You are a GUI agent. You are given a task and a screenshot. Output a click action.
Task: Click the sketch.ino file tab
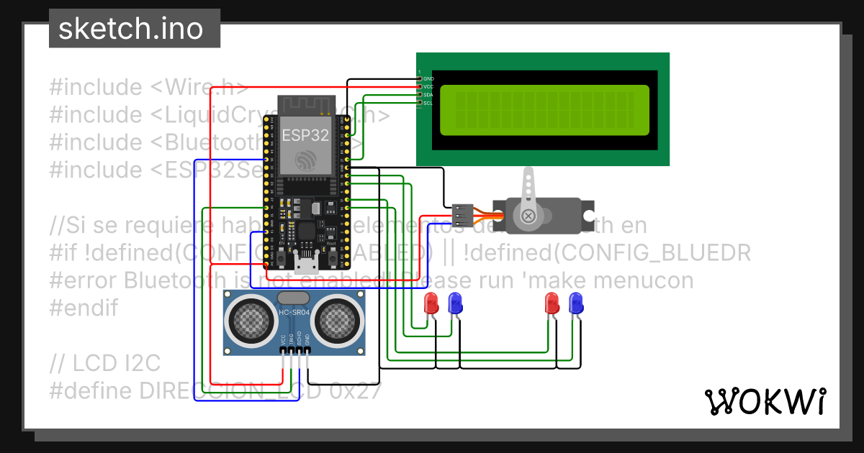tap(130, 29)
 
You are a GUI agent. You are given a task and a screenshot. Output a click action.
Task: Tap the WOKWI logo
tap(765, 401)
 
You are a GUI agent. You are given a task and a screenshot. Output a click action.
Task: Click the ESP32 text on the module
tap(305, 134)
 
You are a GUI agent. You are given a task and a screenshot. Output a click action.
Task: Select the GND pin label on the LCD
tap(429, 78)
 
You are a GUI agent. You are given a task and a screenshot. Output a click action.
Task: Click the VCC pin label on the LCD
tap(429, 86)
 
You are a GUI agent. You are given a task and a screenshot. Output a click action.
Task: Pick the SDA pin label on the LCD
tap(429, 95)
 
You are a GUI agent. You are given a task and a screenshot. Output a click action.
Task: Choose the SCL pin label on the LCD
tap(429, 104)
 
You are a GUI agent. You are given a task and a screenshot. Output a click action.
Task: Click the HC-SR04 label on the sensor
tap(294, 313)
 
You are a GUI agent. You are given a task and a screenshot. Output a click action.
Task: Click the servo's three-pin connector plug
tap(462, 214)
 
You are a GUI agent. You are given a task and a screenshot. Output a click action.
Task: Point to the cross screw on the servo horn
tap(529, 215)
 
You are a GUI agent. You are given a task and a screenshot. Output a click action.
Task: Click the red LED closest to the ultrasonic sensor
tap(431, 303)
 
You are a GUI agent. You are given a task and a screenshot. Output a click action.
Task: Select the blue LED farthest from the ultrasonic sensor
tap(576, 303)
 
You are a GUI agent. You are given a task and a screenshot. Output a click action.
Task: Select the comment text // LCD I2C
tap(105, 364)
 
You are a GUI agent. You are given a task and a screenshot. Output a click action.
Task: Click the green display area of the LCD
tap(544, 110)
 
